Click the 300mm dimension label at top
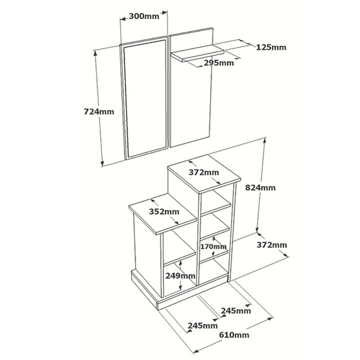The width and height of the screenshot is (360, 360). [144, 16]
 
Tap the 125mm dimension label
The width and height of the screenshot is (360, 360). [271, 47]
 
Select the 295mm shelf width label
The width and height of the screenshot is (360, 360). [219, 63]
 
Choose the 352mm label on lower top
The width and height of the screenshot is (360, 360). [164, 211]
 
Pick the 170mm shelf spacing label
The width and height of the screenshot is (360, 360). [214, 246]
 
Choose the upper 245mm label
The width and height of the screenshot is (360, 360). [236, 310]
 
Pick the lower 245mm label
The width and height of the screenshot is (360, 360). [202, 325]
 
